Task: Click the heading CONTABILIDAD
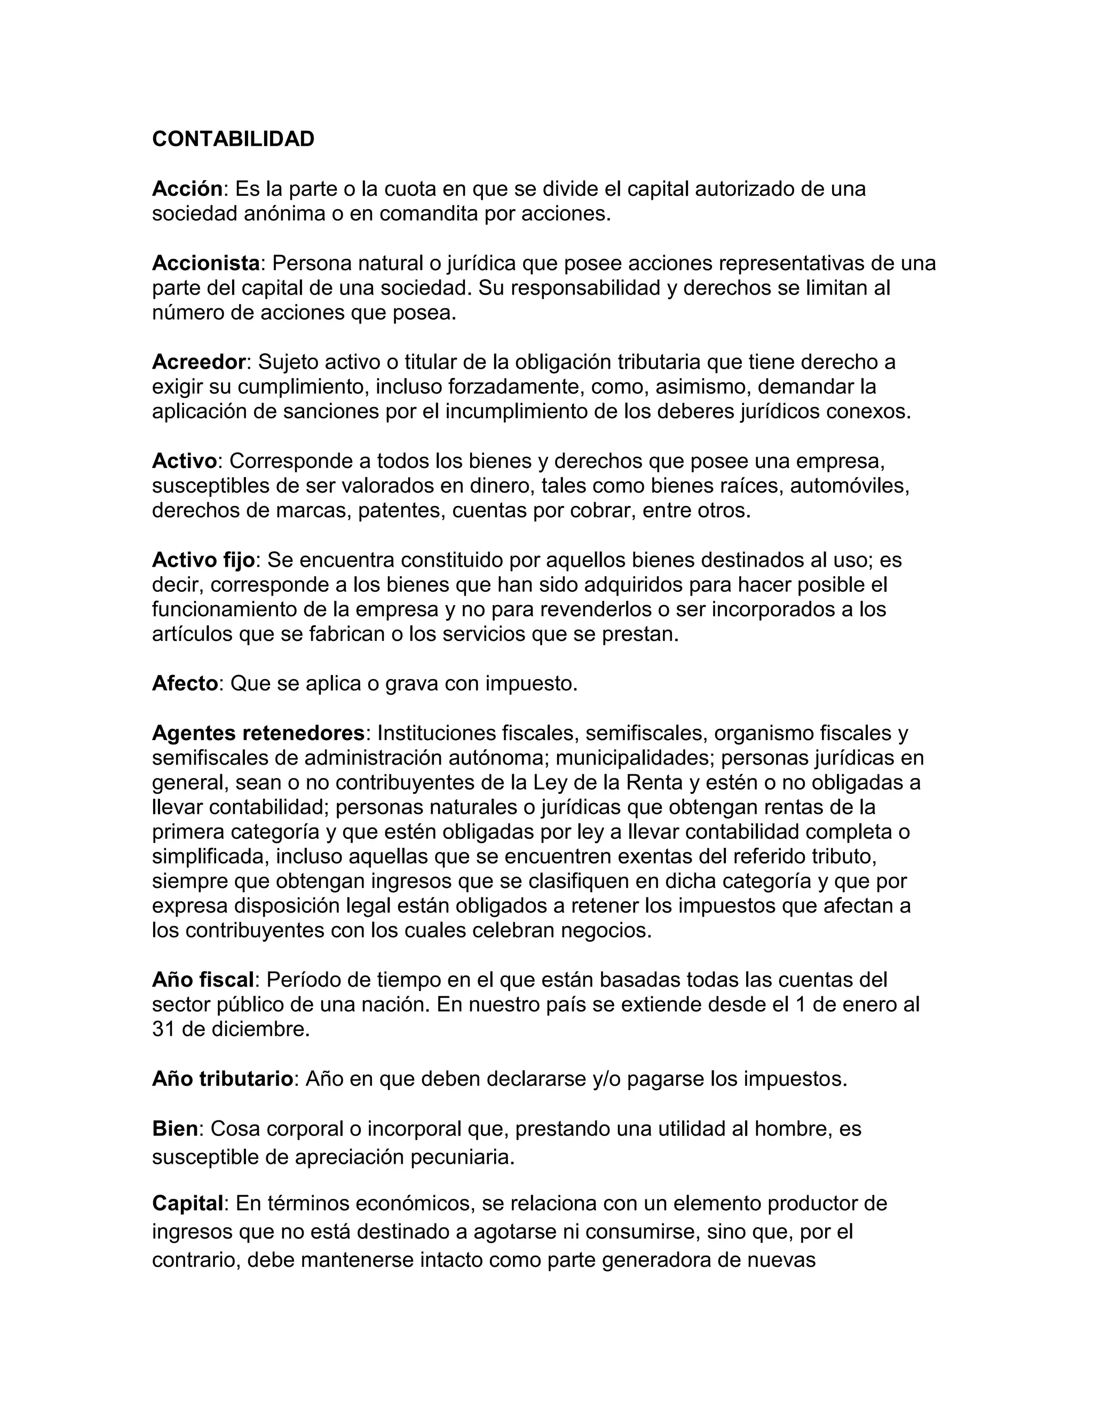point(233,139)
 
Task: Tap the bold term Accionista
point(206,264)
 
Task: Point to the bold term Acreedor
point(199,362)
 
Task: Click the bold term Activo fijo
point(203,559)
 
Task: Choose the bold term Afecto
point(185,683)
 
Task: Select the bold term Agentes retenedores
point(258,733)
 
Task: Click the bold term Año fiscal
point(203,980)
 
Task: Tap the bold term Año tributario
point(223,1078)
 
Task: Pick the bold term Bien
point(175,1129)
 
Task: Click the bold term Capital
point(188,1203)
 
